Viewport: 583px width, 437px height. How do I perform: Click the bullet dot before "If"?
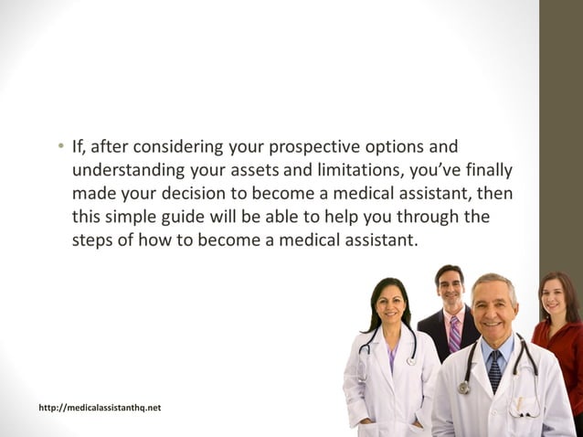click(x=57, y=148)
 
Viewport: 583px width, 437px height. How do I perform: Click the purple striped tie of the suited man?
click(x=454, y=333)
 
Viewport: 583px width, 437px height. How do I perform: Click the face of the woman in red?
click(x=556, y=295)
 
